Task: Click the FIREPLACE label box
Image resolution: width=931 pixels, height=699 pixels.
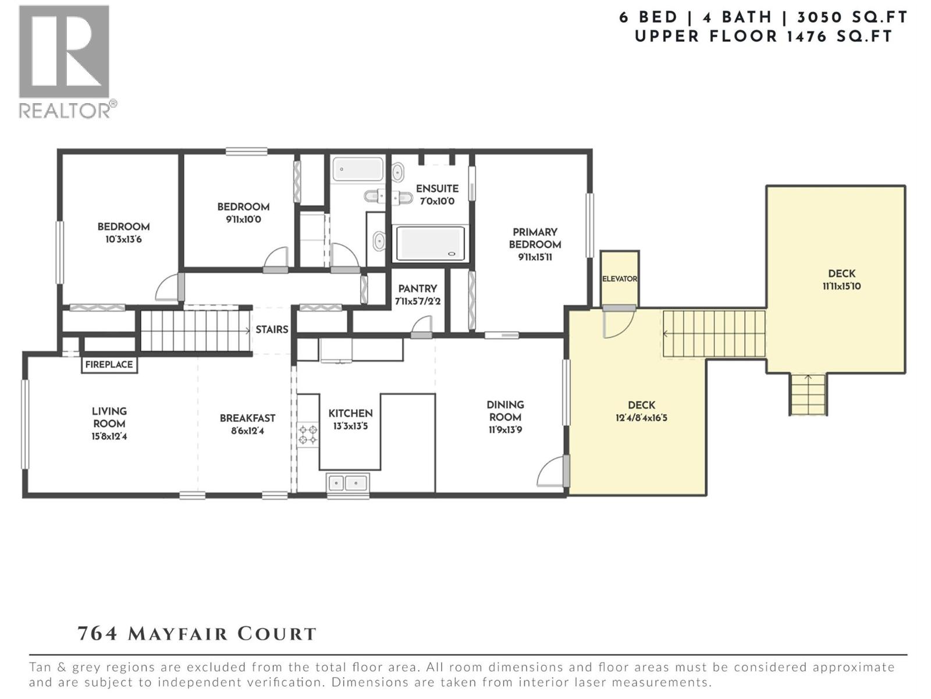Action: (109, 364)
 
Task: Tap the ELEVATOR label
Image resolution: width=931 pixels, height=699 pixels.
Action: (619, 279)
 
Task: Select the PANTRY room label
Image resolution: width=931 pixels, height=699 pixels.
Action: (417, 288)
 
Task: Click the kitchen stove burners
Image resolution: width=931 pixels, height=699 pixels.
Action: (308, 434)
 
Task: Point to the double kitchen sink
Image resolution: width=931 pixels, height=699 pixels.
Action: (347, 483)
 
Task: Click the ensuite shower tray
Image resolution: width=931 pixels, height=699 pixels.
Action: (430, 243)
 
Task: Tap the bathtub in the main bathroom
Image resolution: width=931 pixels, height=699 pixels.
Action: (358, 170)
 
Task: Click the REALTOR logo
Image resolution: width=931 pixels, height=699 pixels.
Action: (66, 62)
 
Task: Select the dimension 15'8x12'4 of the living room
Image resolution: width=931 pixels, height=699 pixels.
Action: (109, 436)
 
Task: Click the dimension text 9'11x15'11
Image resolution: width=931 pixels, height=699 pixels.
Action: (535, 257)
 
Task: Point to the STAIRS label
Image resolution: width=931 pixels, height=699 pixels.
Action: (272, 329)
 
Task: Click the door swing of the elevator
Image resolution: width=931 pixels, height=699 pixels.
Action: (618, 324)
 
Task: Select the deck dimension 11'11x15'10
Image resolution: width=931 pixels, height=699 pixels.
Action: (841, 286)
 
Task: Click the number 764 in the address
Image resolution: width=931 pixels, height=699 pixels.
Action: (98, 634)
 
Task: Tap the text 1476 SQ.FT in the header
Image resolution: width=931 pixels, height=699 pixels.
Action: (840, 37)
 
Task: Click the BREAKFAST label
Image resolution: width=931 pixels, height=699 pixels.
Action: (247, 418)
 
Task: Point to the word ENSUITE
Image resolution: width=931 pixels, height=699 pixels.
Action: (438, 188)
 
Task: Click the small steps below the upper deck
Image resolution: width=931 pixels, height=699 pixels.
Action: (808, 394)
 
